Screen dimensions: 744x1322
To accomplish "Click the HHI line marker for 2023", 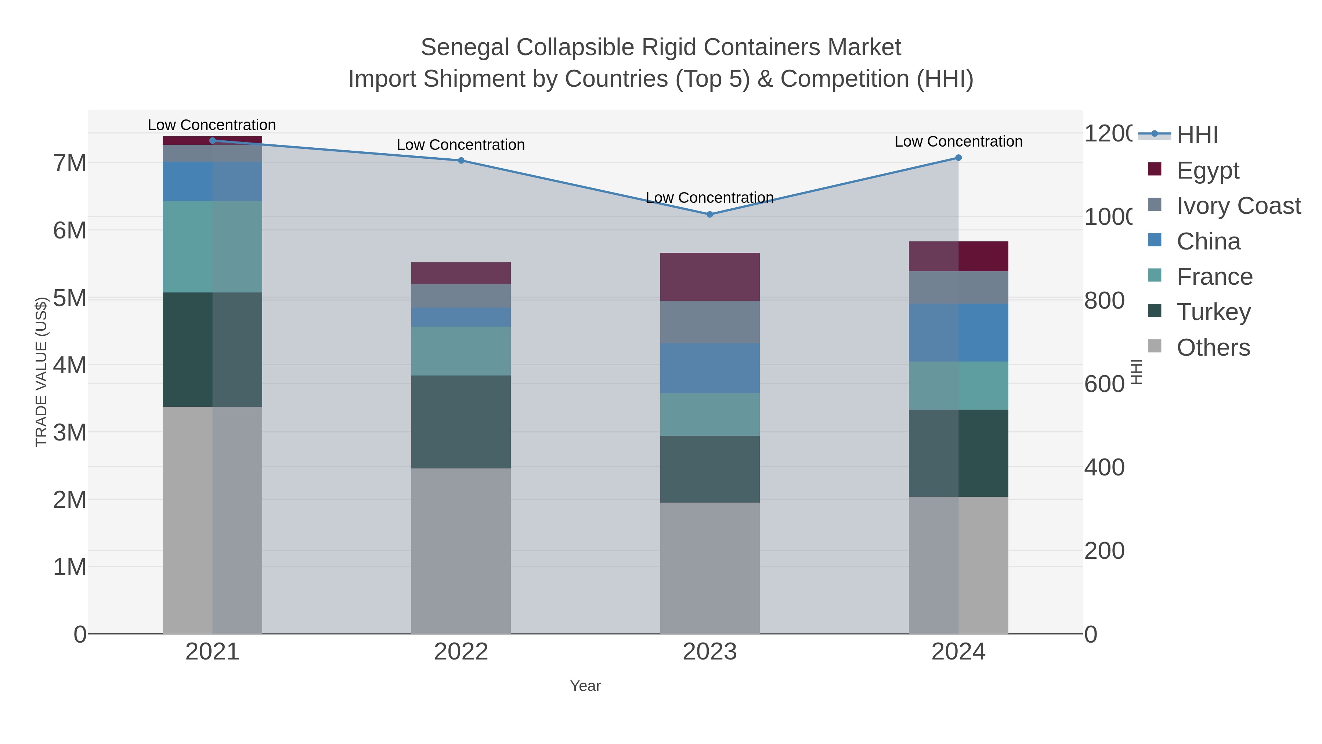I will click(710, 215).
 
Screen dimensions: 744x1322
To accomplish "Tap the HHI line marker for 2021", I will click(213, 140).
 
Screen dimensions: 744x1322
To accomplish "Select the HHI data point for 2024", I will click(958, 158).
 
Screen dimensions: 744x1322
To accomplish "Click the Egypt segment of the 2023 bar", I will click(710, 277).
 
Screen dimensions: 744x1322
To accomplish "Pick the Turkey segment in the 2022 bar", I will click(461, 421).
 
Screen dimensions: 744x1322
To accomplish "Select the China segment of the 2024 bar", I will click(958, 333).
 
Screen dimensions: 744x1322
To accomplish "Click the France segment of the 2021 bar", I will click(213, 247).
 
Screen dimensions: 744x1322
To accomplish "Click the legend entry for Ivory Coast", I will click(1238, 206).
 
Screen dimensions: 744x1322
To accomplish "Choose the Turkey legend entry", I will click(1213, 312).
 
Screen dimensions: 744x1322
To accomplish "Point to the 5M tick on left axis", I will click(70, 298).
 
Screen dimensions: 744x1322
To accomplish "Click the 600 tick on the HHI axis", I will click(1104, 384).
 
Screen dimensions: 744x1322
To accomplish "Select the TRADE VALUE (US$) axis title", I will click(41, 372).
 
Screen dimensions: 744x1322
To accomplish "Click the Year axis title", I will click(585, 686).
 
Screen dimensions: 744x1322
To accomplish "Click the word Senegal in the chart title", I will click(465, 47).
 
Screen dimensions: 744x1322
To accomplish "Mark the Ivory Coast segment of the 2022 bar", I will click(461, 296).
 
